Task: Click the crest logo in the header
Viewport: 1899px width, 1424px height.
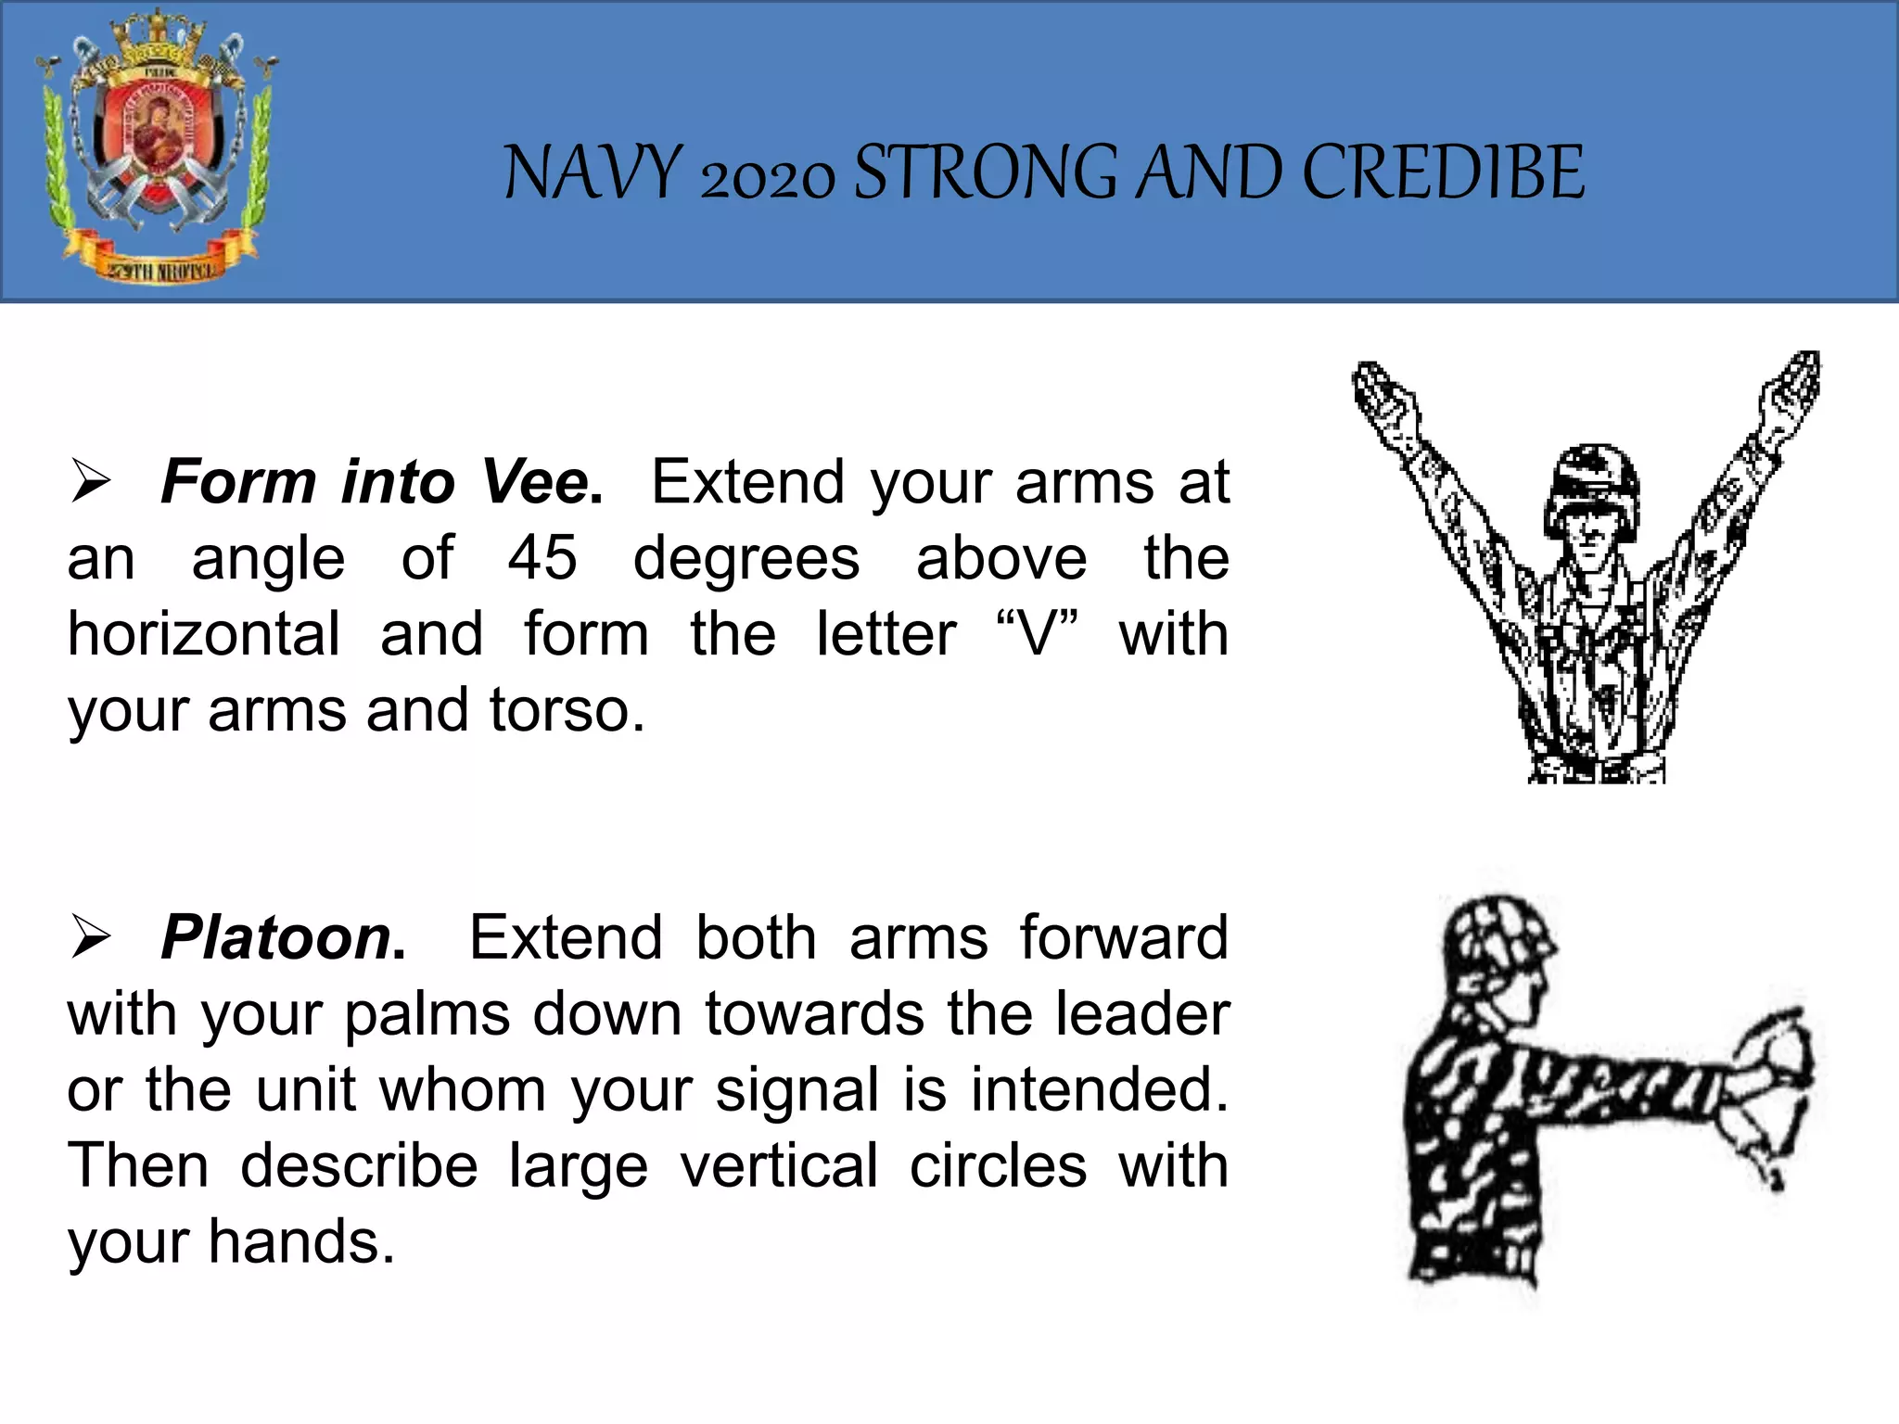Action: coord(156,148)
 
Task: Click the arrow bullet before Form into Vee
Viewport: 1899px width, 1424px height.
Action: coord(91,483)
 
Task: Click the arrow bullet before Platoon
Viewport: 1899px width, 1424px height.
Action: coord(91,938)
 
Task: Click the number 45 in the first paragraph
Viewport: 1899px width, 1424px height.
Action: coord(542,558)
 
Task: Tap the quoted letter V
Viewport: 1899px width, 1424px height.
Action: coord(1037,634)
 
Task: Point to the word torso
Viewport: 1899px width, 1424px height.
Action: coord(567,710)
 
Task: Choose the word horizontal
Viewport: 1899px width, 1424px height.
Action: coord(204,634)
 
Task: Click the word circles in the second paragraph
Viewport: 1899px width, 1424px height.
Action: coord(998,1165)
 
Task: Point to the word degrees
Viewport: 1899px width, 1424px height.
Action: coord(746,558)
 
